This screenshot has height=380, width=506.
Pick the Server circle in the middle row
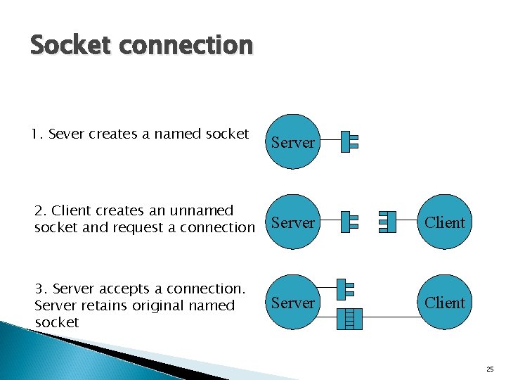292,222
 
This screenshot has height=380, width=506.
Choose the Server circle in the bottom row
292,303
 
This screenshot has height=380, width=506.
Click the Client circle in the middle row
446,222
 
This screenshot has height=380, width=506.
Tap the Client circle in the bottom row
446,303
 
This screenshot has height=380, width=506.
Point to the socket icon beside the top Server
349,142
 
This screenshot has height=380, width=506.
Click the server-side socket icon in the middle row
349,222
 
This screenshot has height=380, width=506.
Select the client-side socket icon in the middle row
387,222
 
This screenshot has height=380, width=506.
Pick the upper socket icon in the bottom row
345,289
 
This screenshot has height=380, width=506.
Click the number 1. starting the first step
37,134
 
